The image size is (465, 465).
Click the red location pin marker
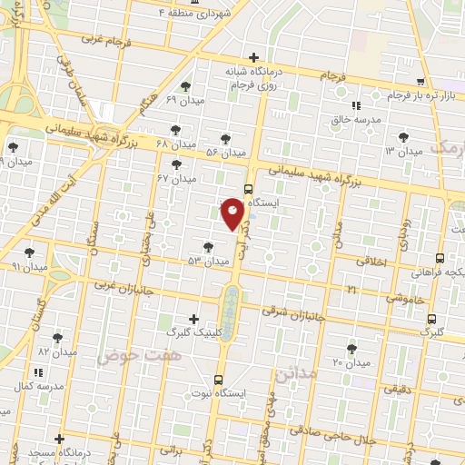tap(232, 213)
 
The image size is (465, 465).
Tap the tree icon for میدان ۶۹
tap(185, 86)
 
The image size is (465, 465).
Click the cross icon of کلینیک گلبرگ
tap(193, 319)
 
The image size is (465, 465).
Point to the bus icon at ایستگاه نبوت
tap(218, 380)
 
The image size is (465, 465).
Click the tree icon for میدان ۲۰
tap(351, 348)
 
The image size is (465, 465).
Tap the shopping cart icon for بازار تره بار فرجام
tap(420, 82)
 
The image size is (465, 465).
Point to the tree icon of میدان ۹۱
tap(30, 252)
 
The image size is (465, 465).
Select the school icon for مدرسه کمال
tap(37, 372)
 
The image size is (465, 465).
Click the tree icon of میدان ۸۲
tap(57, 337)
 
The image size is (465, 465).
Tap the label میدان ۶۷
tap(176, 179)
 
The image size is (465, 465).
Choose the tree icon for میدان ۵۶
tap(225, 139)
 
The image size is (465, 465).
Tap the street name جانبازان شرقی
tap(285, 311)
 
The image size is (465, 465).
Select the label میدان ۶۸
tap(175, 144)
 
